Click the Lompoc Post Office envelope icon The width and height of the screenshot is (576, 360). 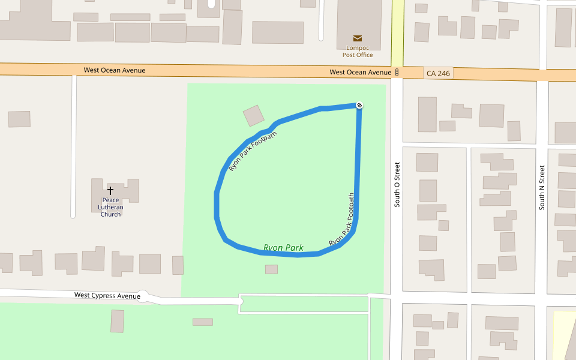point(358,38)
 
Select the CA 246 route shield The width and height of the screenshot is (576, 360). point(438,73)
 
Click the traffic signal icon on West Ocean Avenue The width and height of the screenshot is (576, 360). point(397,73)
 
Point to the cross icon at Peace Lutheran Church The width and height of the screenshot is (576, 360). point(110,190)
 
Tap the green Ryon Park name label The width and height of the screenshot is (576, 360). point(283,248)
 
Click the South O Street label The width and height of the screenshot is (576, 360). point(397,184)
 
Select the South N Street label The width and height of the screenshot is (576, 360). point(542,187)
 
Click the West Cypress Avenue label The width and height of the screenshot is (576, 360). point(107,295)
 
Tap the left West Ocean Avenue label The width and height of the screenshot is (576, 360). point(114,70)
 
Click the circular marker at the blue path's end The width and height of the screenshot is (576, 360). point(359,106)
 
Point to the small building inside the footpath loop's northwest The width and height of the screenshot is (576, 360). point(253,116)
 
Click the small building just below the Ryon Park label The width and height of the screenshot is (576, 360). point(271,269)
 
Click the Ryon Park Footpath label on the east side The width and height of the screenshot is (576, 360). point(343,220)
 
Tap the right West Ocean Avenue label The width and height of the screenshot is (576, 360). point(360,72)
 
